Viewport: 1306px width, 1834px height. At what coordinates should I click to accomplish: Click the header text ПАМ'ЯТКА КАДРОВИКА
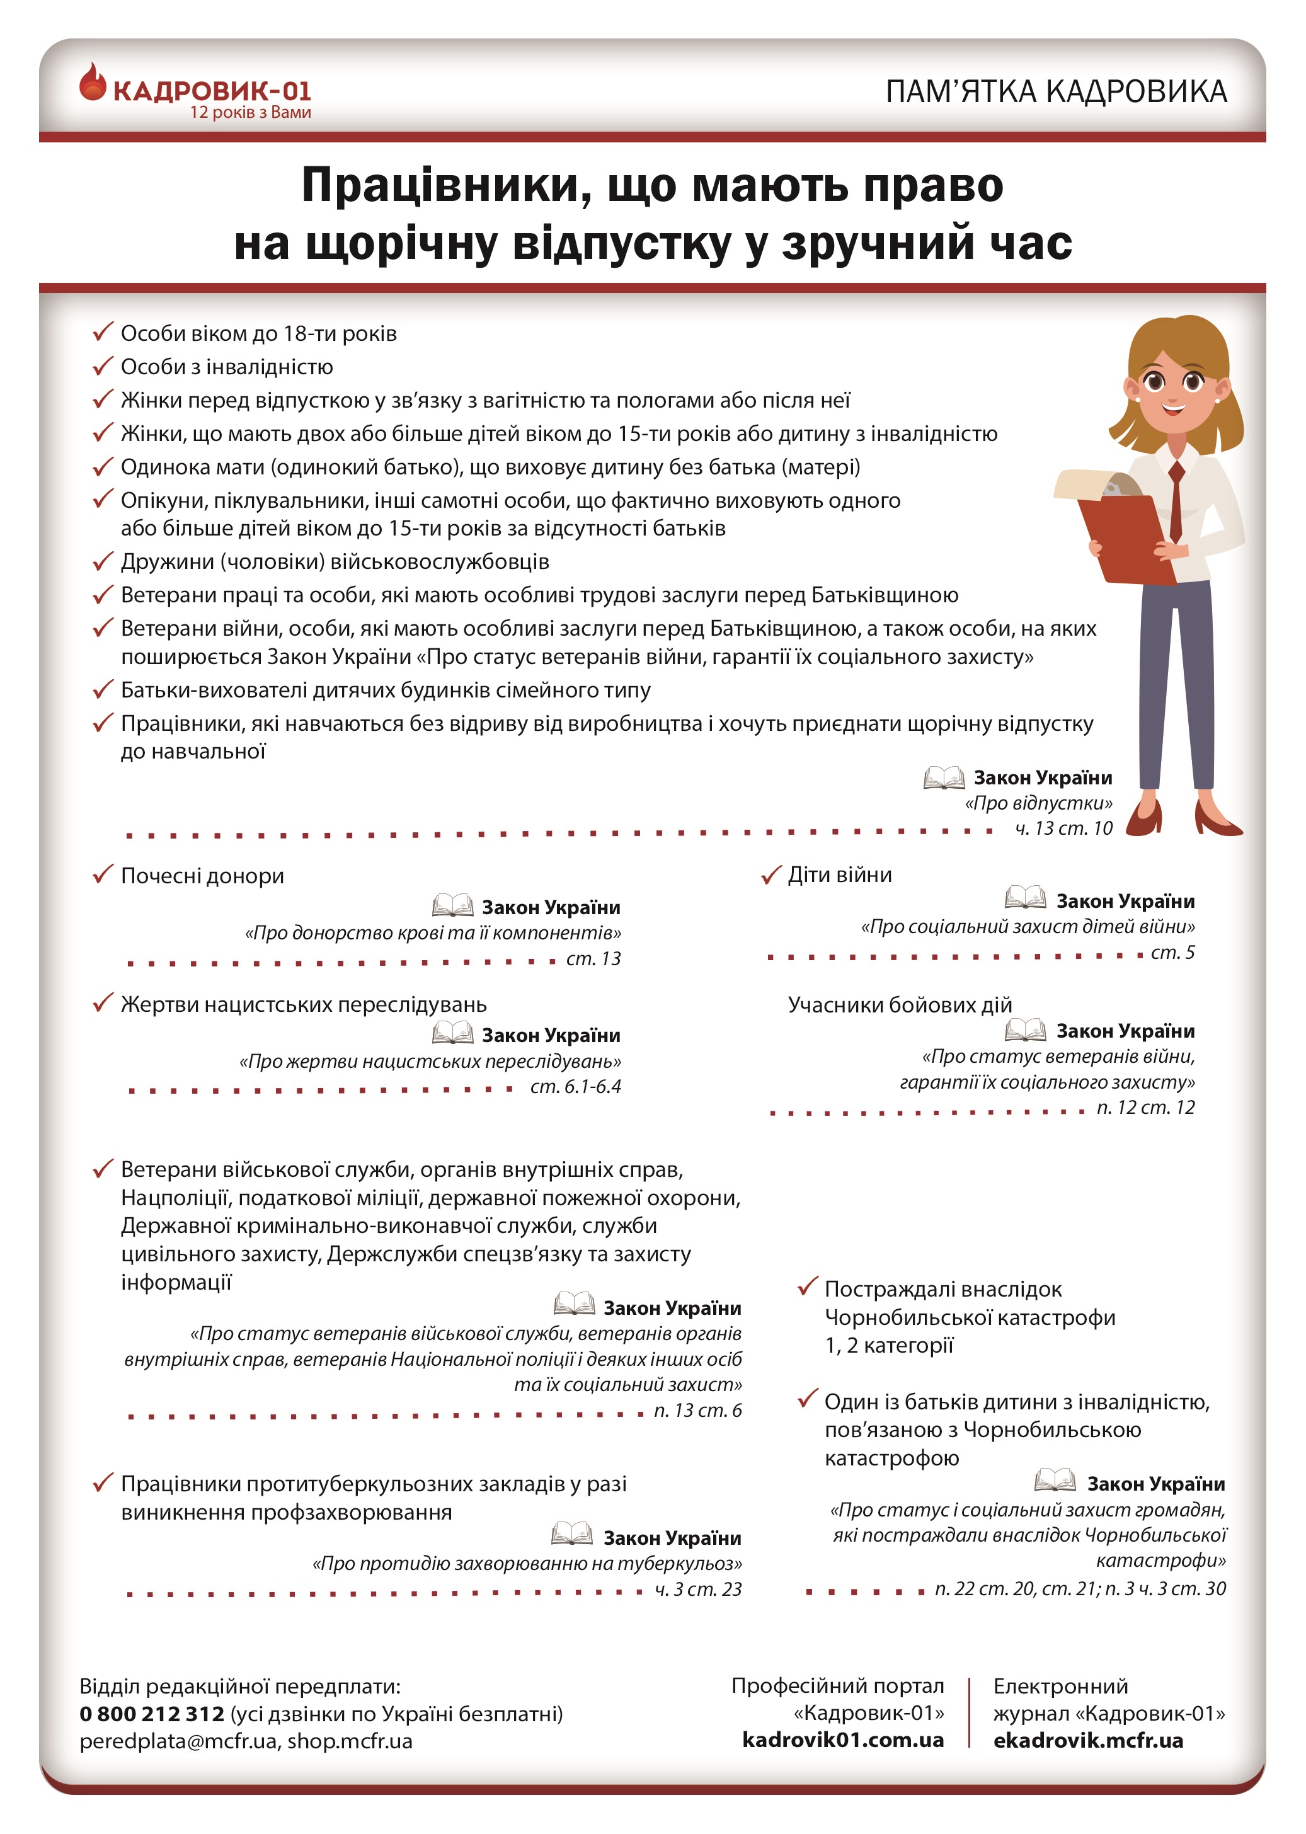pyautogui.click(x=1055, y=91)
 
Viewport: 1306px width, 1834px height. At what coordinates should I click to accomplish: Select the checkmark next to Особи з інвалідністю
pyautogui.click(x=102, y=367)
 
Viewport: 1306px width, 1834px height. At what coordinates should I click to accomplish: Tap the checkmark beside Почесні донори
pyautogui.click(x=102, y=874)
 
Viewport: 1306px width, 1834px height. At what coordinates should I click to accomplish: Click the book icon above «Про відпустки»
pyautogui.click(x=943, y=777)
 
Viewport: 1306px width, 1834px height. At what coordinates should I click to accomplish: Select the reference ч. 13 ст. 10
pyautogui.click(x=1063, y=828)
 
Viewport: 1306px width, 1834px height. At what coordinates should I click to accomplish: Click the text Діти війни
pyautogui.click(x=840, y=874)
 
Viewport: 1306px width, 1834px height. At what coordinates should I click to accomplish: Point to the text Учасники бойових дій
pyautogui.click(x=899, y=1004)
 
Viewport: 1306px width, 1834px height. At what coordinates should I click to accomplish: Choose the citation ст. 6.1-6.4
pyautogui.click(x=575, y=1086)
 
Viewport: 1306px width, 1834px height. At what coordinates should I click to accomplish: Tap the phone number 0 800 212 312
pyautogui.click(x=151, y=1714)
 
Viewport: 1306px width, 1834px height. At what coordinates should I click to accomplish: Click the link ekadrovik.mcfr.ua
pyautogui.click(x=1087, y=1740)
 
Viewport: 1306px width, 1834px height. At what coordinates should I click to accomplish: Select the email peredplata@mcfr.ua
pyautogui.click(x=178, y=1741)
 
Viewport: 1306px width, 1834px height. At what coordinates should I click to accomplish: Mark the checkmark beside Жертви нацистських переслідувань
pyautogui.click(x=102, y=1004)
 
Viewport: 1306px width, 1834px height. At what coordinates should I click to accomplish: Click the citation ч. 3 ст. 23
pyautogui.click(x=697, y=1589)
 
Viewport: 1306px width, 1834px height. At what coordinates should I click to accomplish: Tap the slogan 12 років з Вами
pyautogui.click(x=250, y=113)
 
